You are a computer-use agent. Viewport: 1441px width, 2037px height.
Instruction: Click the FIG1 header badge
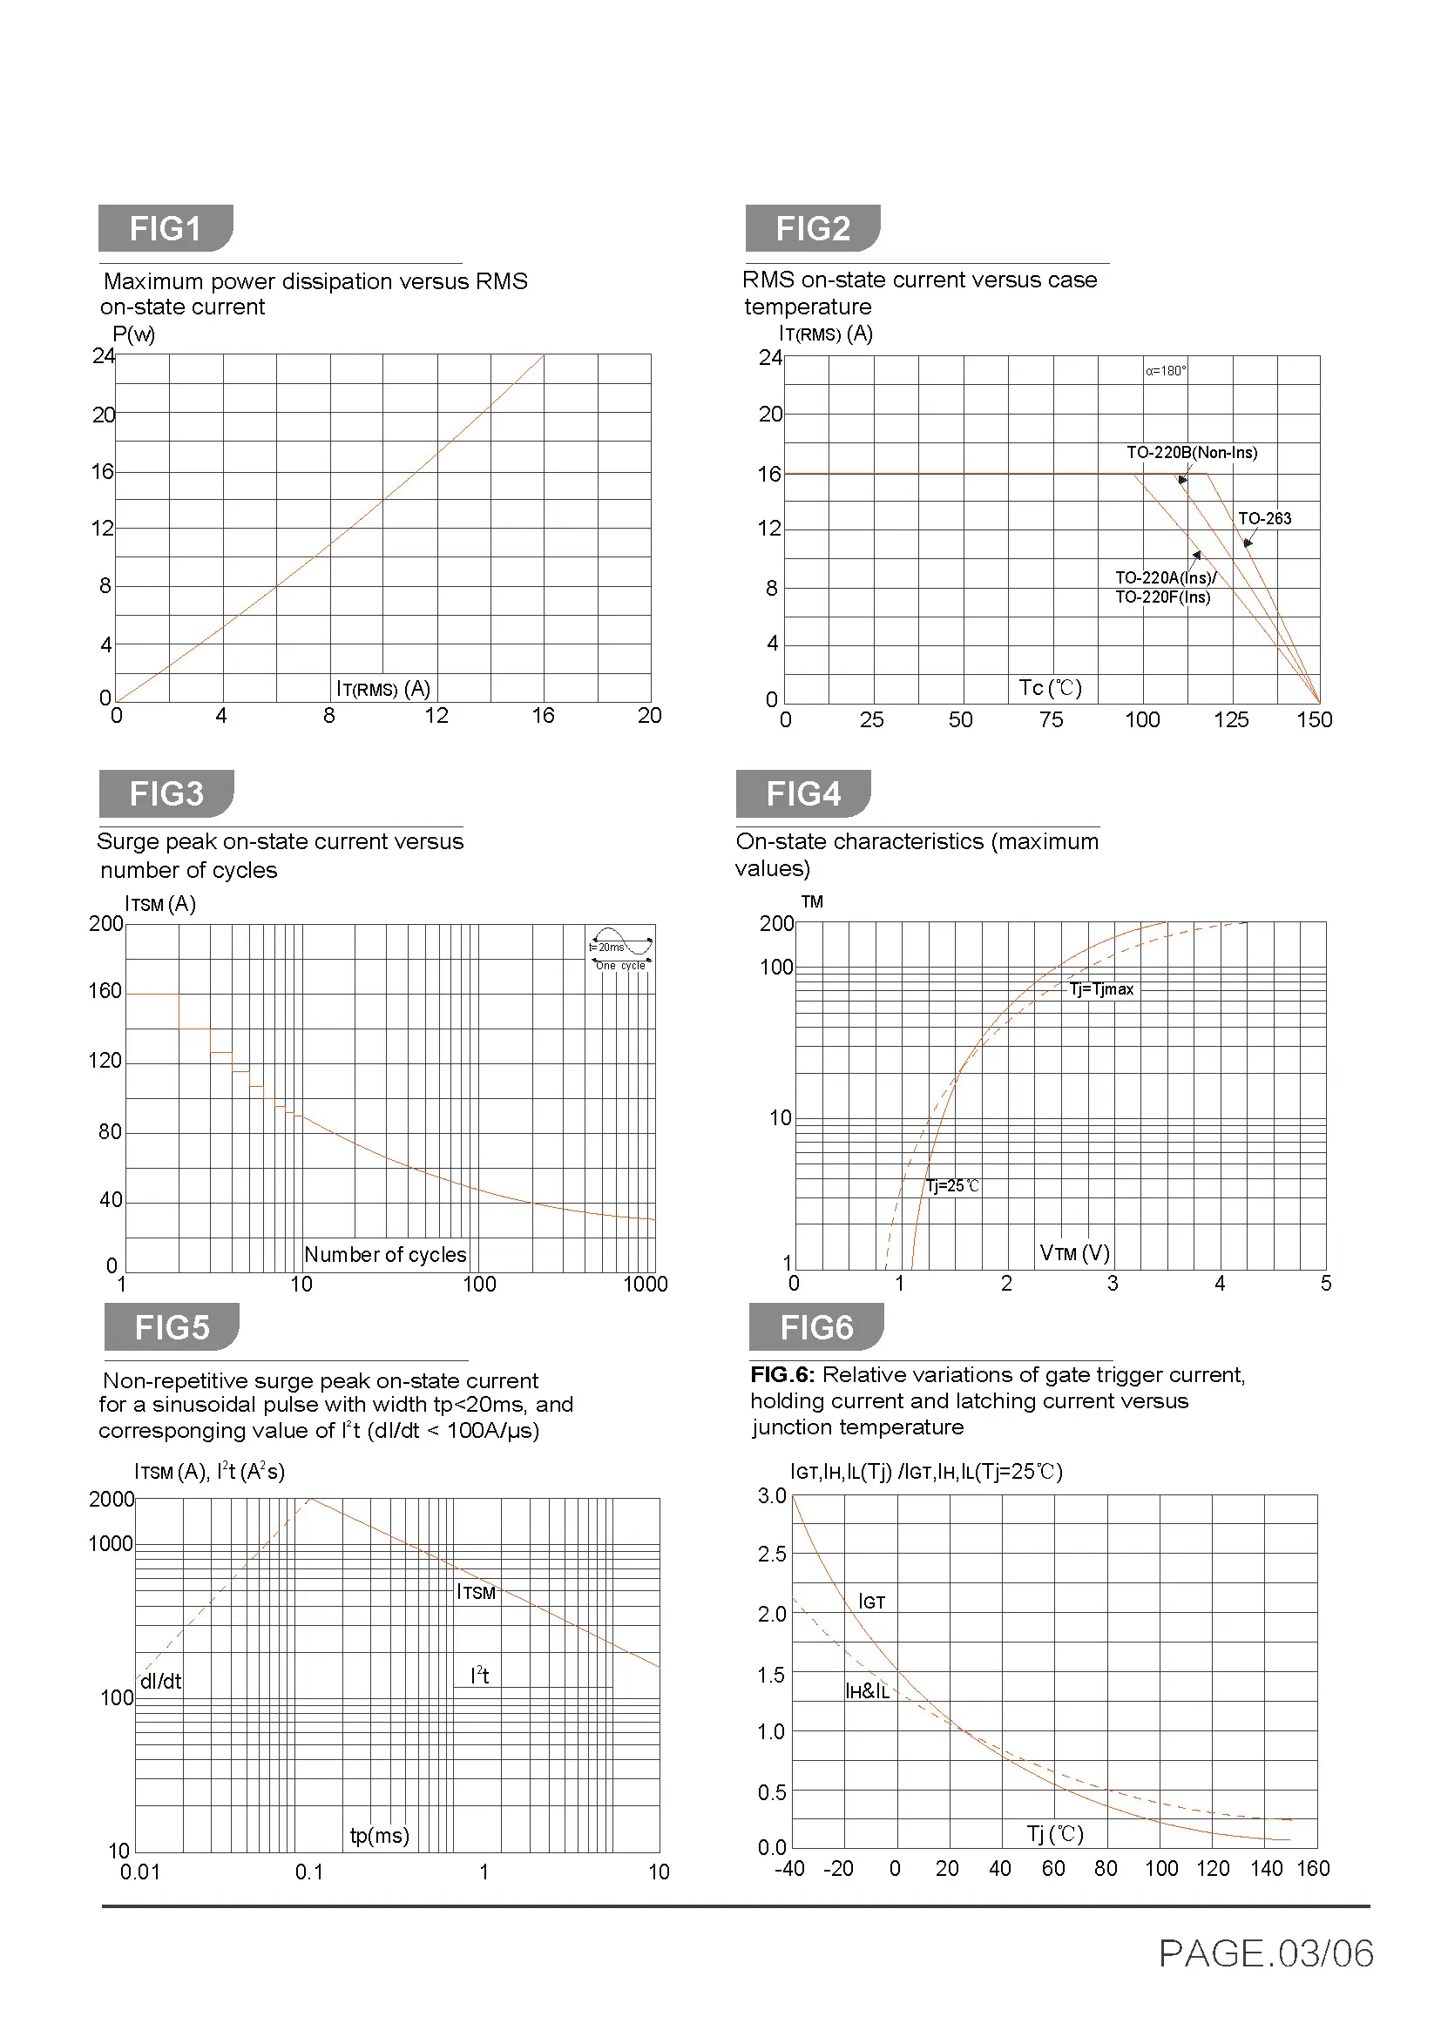(165, 229)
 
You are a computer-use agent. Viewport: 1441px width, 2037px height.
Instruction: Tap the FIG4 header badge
(802, 793)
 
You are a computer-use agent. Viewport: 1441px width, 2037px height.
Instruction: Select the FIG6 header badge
(815, 1327)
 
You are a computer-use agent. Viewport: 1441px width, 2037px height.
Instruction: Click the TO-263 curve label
(1264, 518)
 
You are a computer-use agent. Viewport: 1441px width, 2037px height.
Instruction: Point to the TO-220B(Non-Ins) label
(1192, 453)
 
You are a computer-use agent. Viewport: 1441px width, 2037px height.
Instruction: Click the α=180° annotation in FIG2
(1165, 371)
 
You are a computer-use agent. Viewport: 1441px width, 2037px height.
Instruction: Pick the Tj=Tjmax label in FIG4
(1101, 989)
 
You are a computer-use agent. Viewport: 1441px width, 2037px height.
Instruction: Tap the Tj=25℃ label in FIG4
(953, 1186)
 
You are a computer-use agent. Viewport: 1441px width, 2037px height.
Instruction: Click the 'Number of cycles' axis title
(385, 1254)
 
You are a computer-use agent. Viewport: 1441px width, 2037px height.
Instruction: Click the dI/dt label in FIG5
(160, 1681)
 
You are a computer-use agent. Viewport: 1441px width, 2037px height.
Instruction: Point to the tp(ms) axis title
(380, 1835)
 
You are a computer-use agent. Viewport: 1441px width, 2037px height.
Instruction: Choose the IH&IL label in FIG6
(867, 1691)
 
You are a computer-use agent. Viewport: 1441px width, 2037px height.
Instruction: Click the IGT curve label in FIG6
(871, 1602)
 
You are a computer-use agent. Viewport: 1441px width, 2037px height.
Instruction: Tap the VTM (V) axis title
(1074, 1252)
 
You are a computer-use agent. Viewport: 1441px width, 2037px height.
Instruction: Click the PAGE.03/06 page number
(1266, 1953)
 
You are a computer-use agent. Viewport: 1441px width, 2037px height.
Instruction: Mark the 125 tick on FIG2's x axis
(1231, 719)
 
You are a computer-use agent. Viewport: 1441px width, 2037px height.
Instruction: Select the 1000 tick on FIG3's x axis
(645, 1284)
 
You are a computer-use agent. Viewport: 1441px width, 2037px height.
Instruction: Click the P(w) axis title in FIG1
(133, 334)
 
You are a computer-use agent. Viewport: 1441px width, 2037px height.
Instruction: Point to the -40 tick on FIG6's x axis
(788, 1868)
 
